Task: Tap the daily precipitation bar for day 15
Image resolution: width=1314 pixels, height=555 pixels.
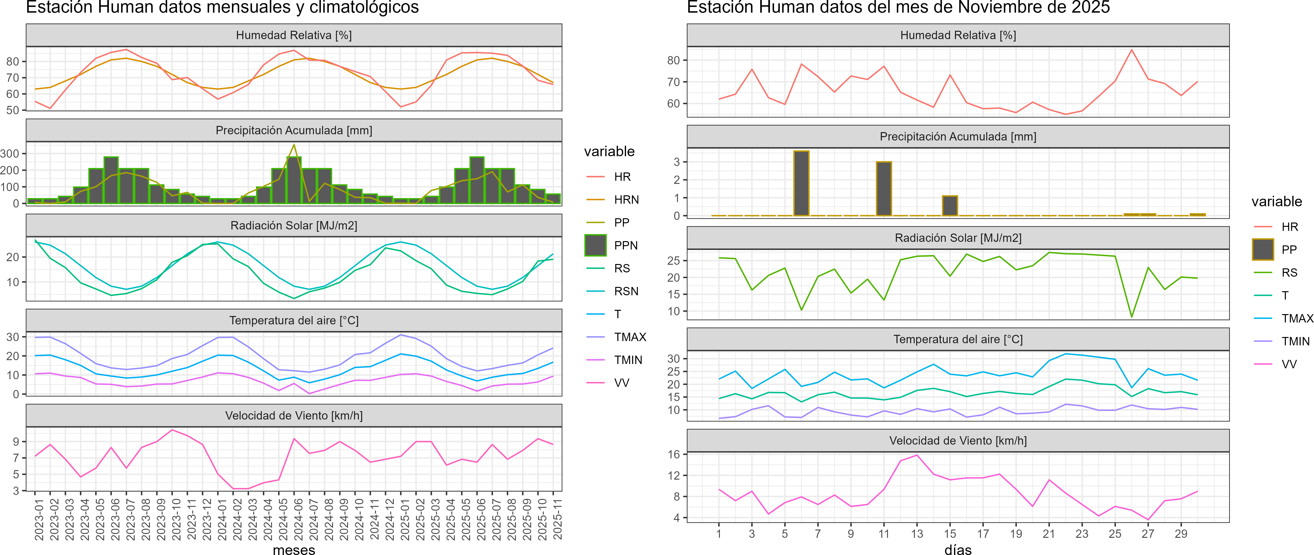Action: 950,206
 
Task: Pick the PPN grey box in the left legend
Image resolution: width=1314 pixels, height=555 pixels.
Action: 595,245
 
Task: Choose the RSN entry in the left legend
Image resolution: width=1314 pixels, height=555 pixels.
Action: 626,291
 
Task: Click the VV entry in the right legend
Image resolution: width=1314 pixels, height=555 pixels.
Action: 1289,364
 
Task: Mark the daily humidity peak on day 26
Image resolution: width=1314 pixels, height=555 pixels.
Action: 1131,50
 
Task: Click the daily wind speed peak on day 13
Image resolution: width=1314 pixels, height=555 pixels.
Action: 917,455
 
